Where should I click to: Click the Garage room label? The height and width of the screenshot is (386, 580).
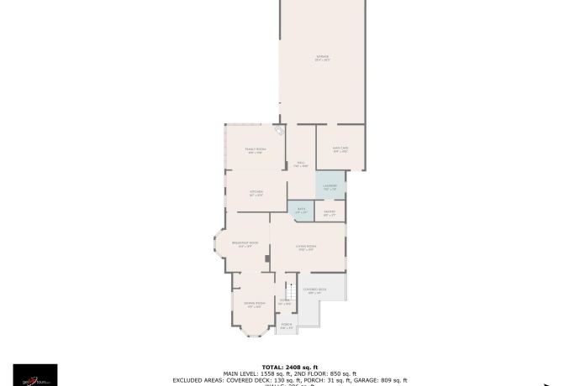pos(322,58)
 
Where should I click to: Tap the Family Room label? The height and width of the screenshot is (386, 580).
pos(255,150)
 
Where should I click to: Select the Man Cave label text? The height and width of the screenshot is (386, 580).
pos(340,149)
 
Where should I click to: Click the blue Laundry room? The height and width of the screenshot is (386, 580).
pos(330,185)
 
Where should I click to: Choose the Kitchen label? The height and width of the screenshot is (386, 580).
pos(256,193)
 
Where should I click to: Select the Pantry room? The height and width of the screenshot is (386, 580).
pos(330,213)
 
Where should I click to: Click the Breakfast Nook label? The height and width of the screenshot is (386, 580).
pos(245,244)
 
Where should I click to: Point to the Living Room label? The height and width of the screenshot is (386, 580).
pos(305,247)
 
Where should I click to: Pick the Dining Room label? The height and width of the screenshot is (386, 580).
pos(255,304)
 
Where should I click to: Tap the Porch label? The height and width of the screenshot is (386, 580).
pos(287,325)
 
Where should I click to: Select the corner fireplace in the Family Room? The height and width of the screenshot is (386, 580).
pos(279,130)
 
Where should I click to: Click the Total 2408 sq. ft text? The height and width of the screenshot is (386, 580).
pos(290,367)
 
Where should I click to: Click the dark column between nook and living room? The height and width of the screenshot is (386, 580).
pos(267,258)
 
